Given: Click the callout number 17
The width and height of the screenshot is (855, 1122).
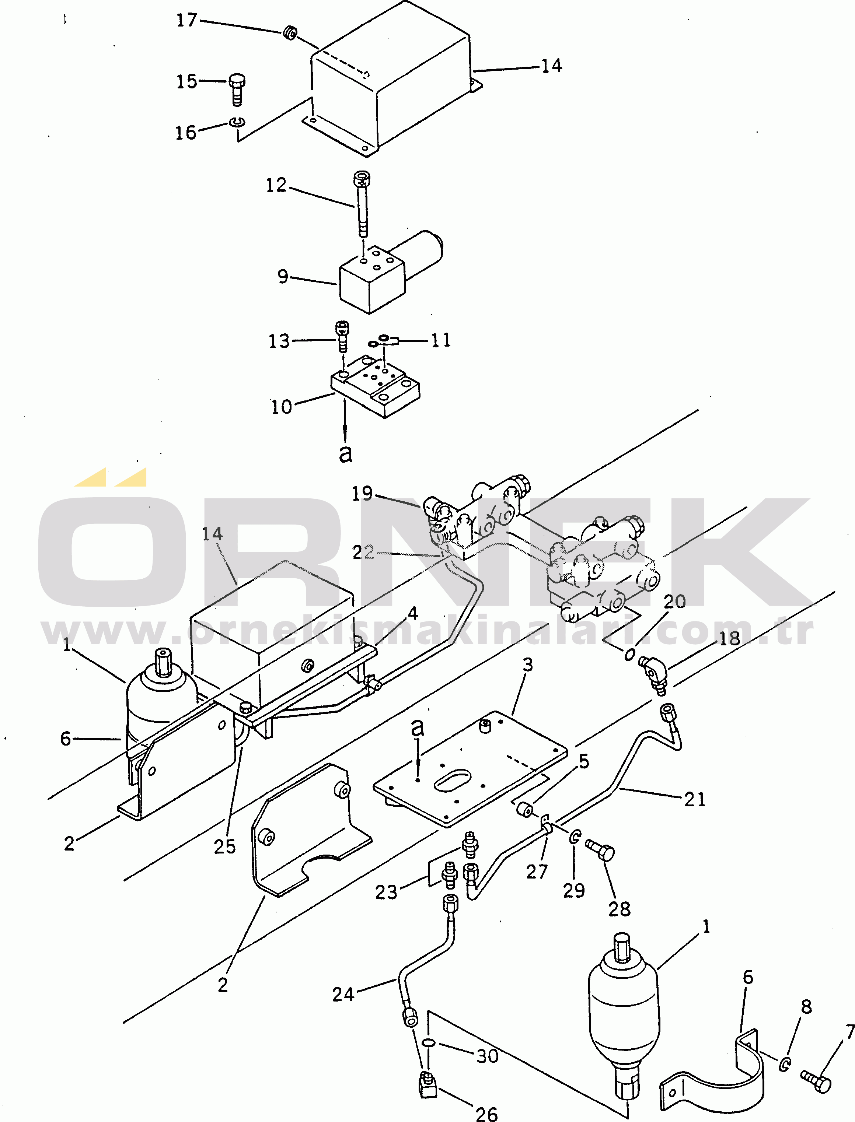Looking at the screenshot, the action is coord(186,20).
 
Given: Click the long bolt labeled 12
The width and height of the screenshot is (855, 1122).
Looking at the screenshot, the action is coord(362,206).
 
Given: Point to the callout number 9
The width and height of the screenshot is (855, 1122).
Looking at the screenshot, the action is coord(283,276).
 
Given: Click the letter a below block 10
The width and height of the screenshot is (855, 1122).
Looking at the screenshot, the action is coord(346,453).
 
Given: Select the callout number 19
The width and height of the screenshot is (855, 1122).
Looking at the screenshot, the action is coord(362,493).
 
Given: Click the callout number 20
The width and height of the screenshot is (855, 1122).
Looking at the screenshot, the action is coord(675,602).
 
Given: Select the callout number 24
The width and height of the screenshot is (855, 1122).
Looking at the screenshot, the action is coord(343,994).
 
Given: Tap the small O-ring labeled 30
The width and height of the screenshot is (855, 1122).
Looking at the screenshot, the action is coord(429,1043).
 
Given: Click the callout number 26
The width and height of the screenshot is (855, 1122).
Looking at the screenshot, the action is coord(486,1114).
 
